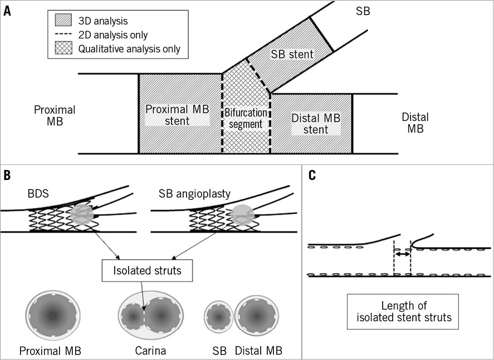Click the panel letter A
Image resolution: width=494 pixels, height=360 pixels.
tap(7, 11)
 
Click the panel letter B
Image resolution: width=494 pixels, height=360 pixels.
tap(7, 175)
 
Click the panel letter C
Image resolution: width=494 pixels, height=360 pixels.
tap(312, 175)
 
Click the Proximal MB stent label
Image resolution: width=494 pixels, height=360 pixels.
tap(177, 114)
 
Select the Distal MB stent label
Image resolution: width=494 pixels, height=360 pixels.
tap(315, 124)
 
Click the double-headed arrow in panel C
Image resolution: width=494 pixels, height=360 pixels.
tap(402, 254)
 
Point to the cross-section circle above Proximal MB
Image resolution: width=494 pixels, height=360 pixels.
tap(53, 315)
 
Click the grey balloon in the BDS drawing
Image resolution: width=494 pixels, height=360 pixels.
tap(82, 214)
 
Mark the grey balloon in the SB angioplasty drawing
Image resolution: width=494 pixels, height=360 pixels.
tap(242, 215)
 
